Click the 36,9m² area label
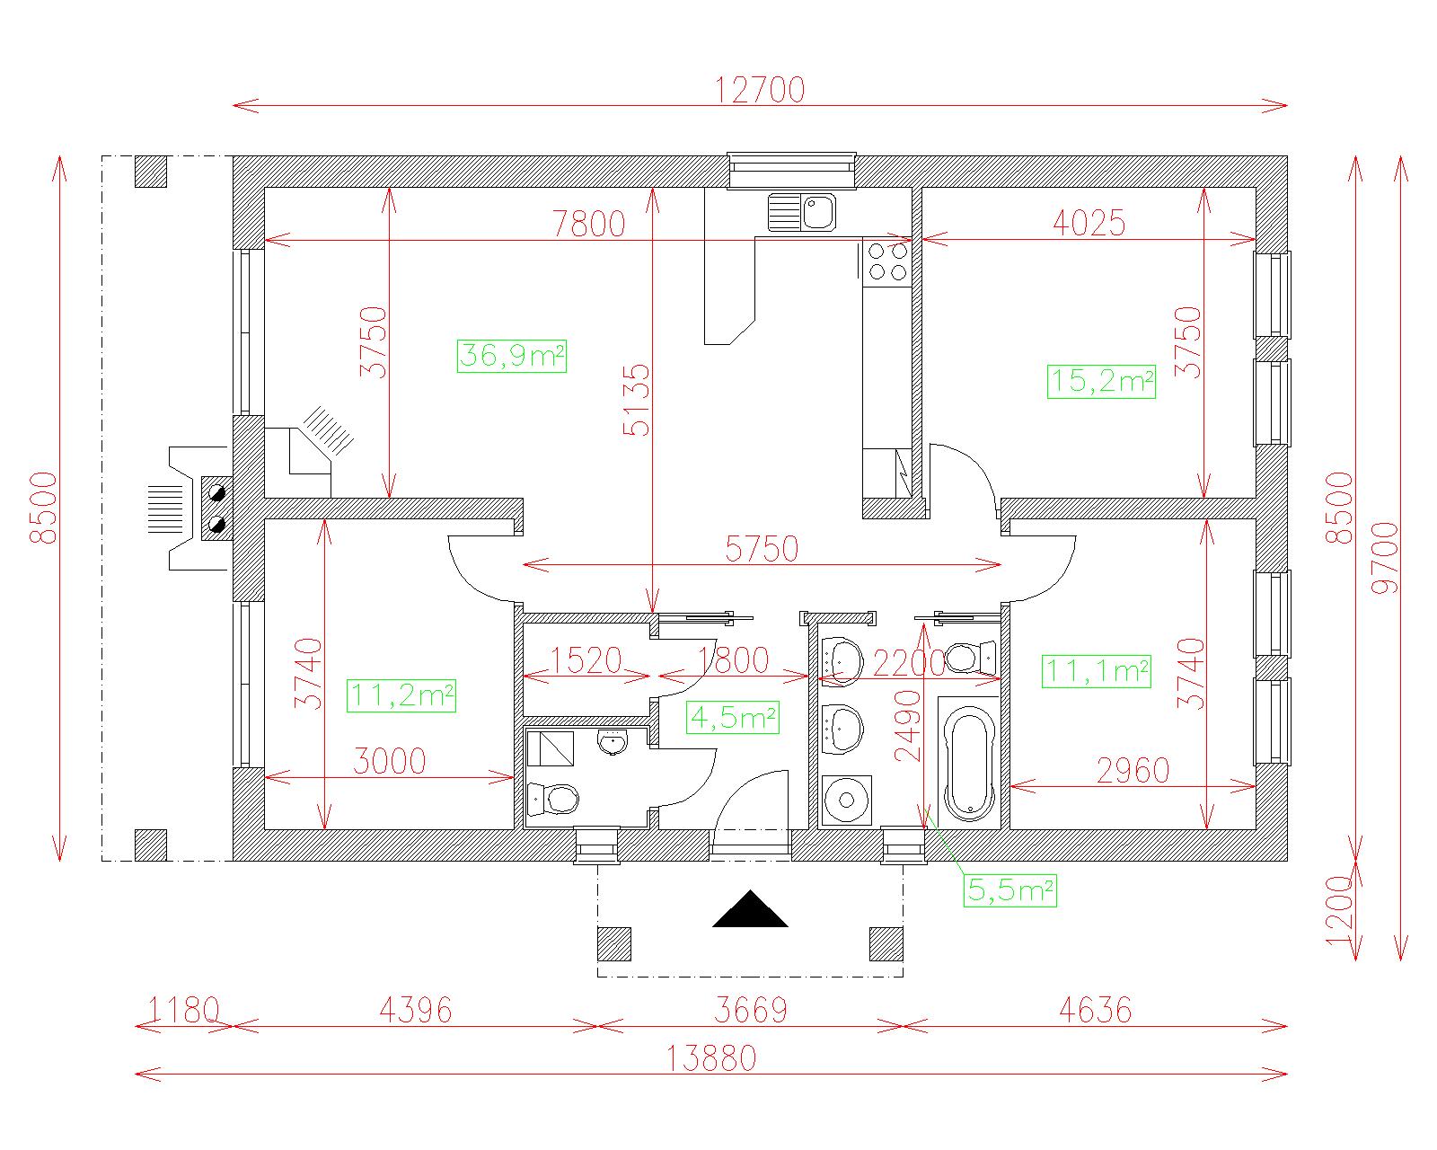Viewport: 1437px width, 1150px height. (512, 356)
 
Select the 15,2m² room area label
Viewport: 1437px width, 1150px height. (1101, 382)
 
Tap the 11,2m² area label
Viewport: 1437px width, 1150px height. (401, 695)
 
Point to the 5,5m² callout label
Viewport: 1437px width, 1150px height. (1010, 890)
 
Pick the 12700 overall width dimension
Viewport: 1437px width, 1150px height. (760, 90)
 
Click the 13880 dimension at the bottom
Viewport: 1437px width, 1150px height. (712, 1058)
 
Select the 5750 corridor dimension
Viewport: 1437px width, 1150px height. (762, 549)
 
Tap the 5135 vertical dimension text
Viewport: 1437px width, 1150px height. (637, 400)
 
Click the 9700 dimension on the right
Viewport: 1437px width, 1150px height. (1384, 558)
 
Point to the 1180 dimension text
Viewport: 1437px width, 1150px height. (183, 1011)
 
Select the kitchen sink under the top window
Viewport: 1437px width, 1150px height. (801, 212)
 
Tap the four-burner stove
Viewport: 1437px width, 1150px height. (887, 262)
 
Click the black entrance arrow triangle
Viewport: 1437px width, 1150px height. (750, 909)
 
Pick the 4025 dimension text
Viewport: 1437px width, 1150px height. (1089, 223)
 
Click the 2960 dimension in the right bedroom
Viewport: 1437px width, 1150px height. (1133, 771)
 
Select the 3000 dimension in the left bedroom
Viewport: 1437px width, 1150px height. (389, 762)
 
